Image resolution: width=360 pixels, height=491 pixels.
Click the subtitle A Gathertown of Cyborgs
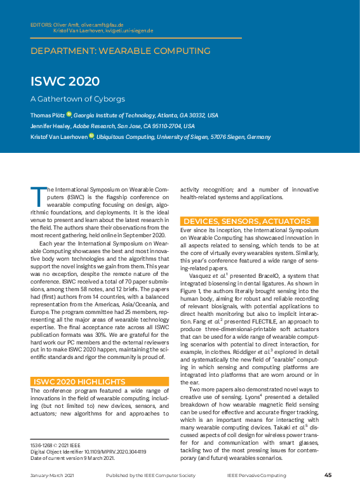coord(77,99)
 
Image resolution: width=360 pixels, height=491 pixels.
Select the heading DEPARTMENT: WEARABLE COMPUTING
coord(120,50)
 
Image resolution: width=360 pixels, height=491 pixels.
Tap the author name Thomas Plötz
coord(47,115)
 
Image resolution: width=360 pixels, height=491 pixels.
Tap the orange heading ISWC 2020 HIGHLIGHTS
coord(79,381)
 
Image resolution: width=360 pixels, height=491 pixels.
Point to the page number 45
coord(328,475)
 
